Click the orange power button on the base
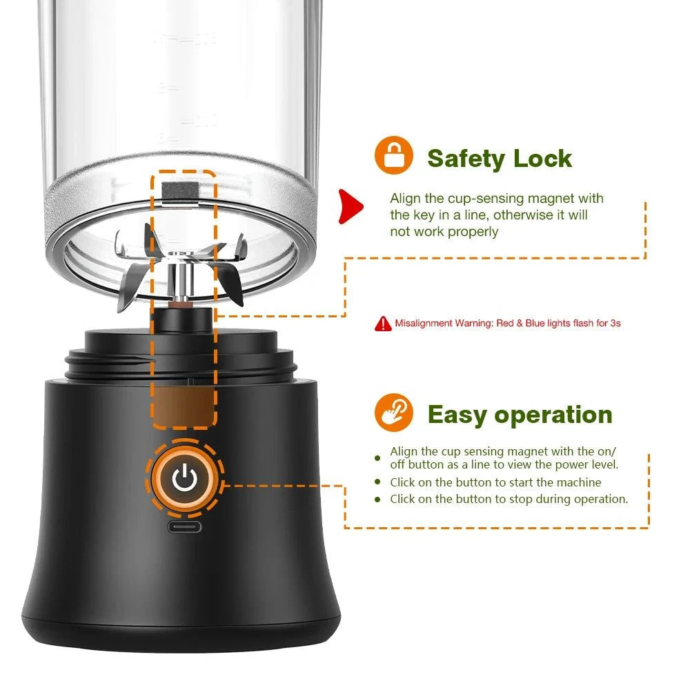coord(184,477)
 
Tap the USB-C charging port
coord(184,528)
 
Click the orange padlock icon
coord(393,156)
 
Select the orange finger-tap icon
coord(393,413)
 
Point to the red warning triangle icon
coord(382,323)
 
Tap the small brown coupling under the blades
coord(184,302)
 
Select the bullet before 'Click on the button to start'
coord(377,482)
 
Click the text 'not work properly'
coord(444,232)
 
